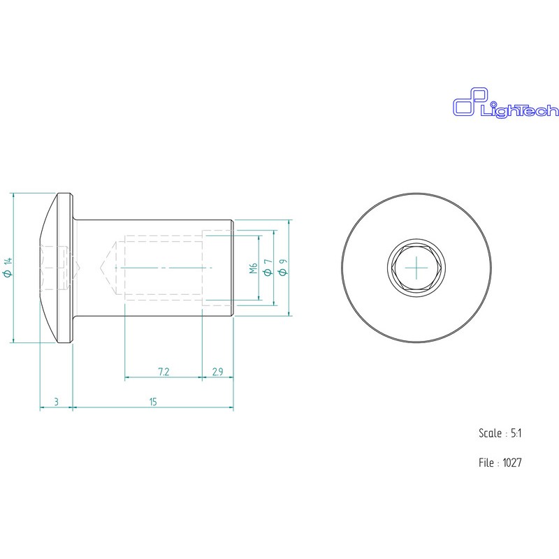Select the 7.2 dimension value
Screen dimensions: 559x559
point(164,372)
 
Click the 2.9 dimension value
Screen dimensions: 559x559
point(217,372)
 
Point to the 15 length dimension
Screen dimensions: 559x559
point(152,401)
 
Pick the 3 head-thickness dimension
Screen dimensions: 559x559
point(56,401)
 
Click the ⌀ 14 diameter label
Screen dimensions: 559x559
point(7,268)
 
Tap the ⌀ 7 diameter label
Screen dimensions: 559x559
point(267,268)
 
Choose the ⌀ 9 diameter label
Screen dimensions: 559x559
point(282,268)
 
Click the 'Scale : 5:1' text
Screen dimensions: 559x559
point(501,433)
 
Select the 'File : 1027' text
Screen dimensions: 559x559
point(501,463)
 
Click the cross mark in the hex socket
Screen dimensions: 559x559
point(416,268)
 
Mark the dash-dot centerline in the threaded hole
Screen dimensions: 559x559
point(168,268)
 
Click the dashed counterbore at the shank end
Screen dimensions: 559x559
point(217,268)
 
